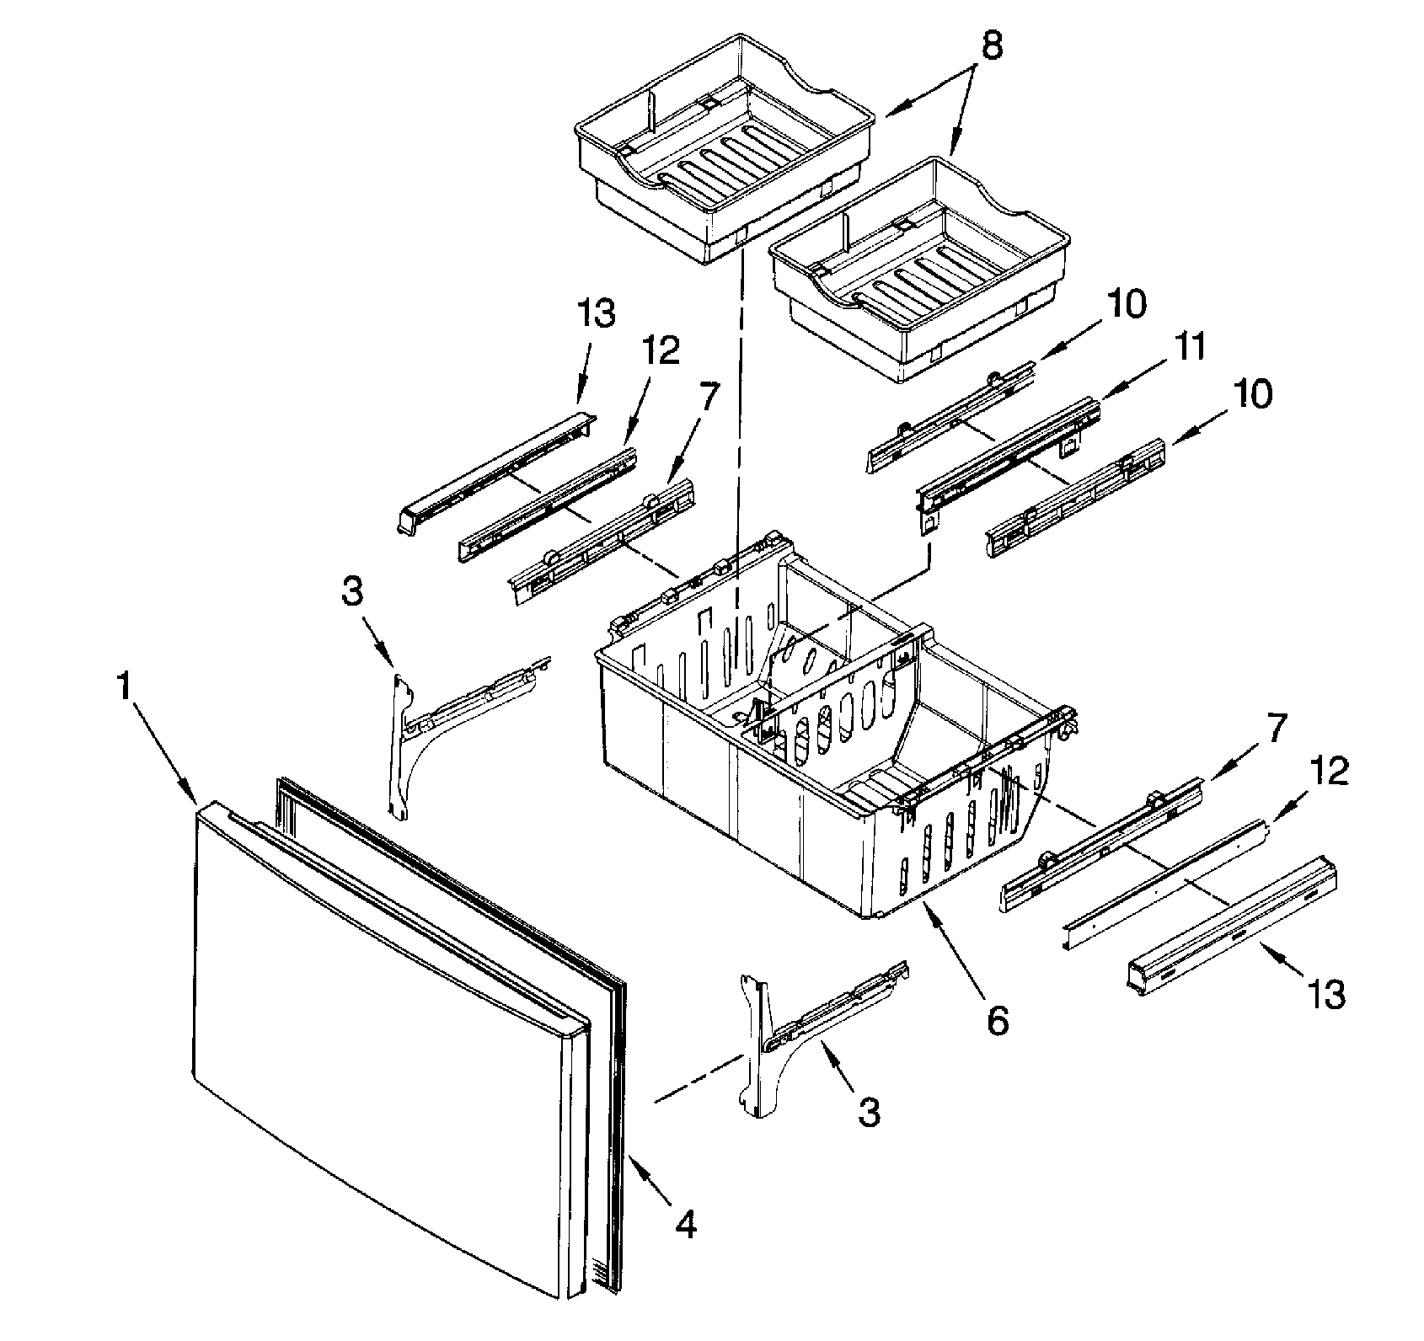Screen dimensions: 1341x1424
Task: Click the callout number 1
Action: (x=124, y=688)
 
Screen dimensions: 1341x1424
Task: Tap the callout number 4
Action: (x=687, y=1225)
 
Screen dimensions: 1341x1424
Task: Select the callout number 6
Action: (x=996, y=1021)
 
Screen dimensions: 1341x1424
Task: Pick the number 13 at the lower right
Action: (x=1326, y=995)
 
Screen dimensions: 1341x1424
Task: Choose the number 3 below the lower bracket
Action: (x=869, y=1112)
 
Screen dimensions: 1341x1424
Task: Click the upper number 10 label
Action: (x=1127, y=304)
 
